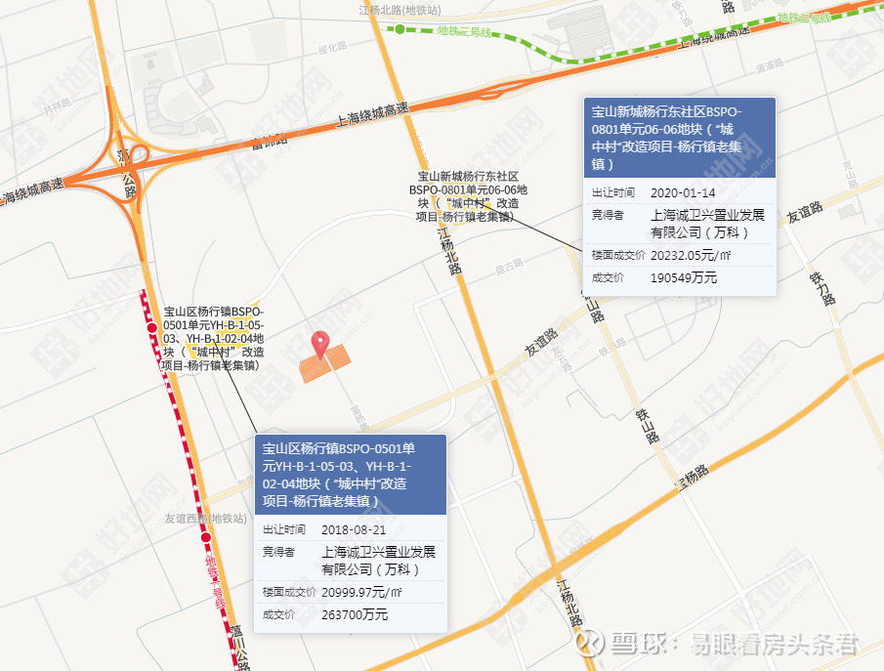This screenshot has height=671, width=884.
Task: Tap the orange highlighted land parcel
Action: (x=324, y=363)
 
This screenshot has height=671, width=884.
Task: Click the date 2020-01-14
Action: (x=683, y=192)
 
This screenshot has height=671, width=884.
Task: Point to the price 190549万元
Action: (x=684, y=277)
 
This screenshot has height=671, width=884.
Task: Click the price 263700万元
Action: (x=355, y=614)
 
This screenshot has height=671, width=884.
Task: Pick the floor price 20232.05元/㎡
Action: (x=691, y=255)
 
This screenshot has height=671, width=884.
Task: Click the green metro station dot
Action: (x=400, y=29)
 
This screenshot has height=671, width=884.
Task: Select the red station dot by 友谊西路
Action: (x=206, y=537)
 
